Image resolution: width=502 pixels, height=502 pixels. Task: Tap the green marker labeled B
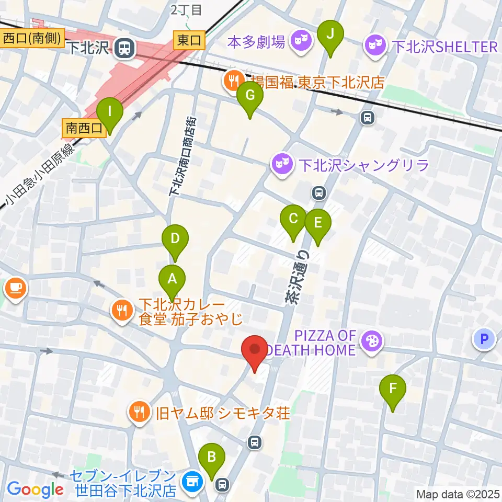(x=212, y=458)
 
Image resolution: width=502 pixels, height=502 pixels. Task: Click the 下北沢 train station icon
(x=124, y=49)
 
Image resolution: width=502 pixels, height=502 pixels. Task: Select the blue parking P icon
(x=484, y=339)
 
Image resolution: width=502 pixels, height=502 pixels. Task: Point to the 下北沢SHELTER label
(x=444, y=47)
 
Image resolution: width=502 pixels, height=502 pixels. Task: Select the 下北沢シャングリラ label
(x=364, y=165)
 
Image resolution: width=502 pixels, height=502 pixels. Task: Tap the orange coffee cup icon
(x=15, y=287)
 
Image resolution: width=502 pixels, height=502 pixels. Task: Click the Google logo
(x=36, y=489)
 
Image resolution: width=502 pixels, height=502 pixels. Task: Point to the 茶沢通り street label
(x=296, y=277)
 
